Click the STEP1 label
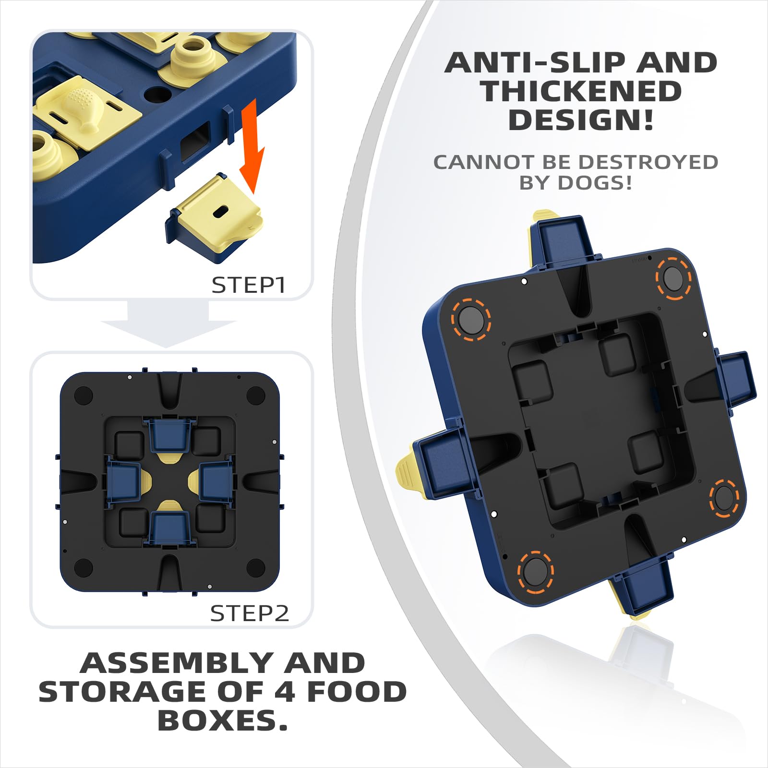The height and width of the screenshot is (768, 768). (249, 285)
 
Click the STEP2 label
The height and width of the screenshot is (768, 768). (250, 613)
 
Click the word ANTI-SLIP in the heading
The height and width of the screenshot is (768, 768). (530, 63)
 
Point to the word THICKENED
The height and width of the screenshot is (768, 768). (582, 91)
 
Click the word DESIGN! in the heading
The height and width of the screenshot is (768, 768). (581, 120)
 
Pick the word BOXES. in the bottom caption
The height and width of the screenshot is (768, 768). (223, 720)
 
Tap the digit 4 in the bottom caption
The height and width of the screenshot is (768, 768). (285, 692)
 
